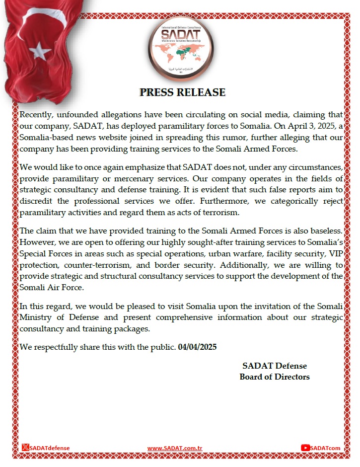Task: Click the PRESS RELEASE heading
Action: click(x=182, y=92)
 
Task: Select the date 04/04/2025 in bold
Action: click(x=197, y=347)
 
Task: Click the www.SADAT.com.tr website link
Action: click(x=178, y=448)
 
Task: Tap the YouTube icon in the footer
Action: click(x=305, y=448)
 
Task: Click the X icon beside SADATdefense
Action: click(x=26, y=448)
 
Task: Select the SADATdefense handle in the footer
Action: click(x=50, y=448)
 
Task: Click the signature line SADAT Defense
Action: click(x=275, y=366)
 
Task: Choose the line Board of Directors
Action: click(x=275, y=377)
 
